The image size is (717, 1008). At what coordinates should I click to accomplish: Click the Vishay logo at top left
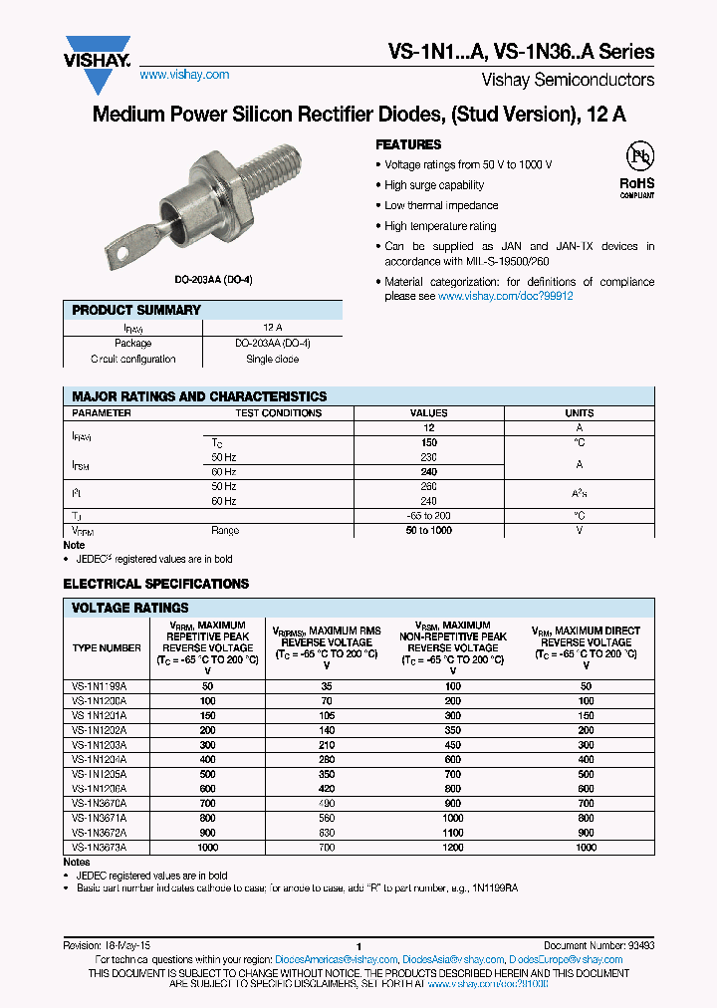click(x=97, y=51)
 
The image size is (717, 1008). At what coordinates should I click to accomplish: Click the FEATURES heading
click(x=407, y=144)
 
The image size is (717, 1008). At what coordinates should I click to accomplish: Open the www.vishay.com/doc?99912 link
click(x=505, y=297)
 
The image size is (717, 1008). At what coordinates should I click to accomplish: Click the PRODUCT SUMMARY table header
click(x=136, y=311)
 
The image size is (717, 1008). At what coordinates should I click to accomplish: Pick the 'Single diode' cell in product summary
click(x=272, y=359)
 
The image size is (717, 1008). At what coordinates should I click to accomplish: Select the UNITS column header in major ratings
click(x=579, y=412)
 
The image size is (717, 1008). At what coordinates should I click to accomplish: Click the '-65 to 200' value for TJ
click(x=429, y=516)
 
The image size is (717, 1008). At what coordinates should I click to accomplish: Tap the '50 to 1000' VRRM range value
click(x=429, y=530)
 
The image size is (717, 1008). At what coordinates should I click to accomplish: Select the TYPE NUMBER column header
click(x=107, y=647)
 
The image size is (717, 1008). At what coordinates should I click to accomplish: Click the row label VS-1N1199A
click(x=99, y=686)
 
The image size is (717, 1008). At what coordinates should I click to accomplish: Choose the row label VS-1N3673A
click(x=99, y=847)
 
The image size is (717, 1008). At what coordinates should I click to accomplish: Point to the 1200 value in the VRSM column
click(x=453, y=847)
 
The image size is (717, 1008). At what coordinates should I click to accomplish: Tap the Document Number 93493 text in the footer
click(x=598, y=946)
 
